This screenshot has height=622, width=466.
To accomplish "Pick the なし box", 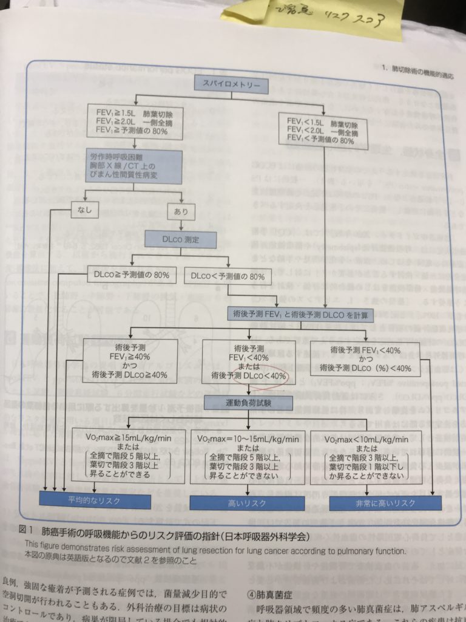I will pyautogui.click(x=84, y=211).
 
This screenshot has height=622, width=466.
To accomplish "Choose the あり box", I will pyautogui.click(x=180, y=211).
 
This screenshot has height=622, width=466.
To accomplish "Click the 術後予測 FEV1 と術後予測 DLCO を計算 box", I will pyautogui.click(x=300, y=314).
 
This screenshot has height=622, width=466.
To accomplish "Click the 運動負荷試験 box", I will pyautogui.click(x=248, y=402).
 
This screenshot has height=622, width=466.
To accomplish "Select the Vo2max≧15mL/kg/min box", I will pyautogui.click(x=127, y=455).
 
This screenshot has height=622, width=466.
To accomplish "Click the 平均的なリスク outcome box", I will pyautogui.click(x=94, y=501).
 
